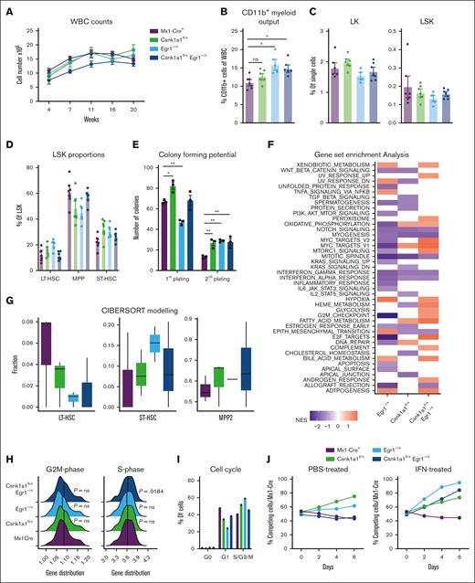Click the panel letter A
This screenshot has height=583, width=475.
(x=5, y=7)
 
